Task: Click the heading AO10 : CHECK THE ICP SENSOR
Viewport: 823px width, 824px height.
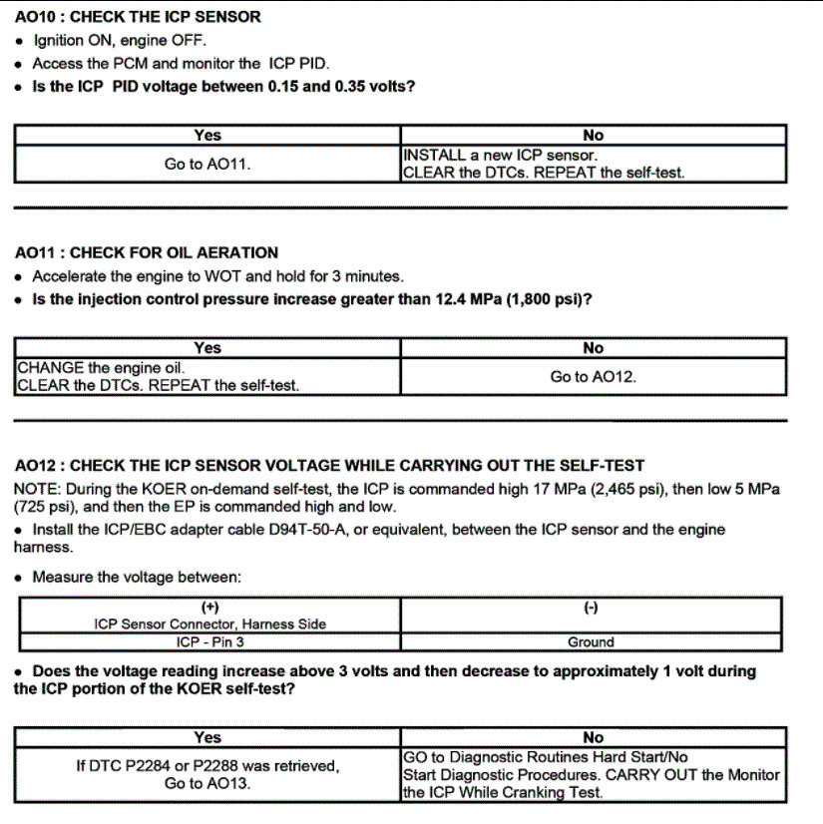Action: click(139, 17)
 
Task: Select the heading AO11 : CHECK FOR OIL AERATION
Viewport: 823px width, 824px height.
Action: click(148, 252)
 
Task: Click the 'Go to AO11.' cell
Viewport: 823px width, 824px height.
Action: click(207, 164)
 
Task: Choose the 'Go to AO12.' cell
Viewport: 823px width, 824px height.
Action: click(593, 377)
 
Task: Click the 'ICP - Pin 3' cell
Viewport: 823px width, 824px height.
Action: click(207, 642)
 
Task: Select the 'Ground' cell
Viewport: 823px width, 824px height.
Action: click(591, 642)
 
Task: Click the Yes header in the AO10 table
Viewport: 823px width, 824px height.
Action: click(207, 136)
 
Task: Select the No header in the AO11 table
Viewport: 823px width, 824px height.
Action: click(593, 348)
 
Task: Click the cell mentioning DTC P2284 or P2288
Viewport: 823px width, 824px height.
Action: click(207, 775)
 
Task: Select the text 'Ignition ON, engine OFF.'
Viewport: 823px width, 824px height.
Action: click(119, 41)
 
